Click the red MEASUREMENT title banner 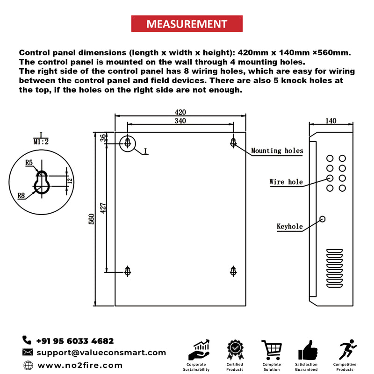(x=187, y=24)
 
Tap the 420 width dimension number (x=180, y=112)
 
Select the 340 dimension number (x=180, y=121)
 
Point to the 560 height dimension (x=92, y=218)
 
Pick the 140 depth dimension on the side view (x=330, y=121)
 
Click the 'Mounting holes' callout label (x=277, y=151)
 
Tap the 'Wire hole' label (x=286, y=182)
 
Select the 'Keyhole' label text (x=289, y=227)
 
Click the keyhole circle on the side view (x=322, y=219)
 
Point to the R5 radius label (x=29, y=163)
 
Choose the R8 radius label (x=21, y=196)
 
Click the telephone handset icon (x=27, y=341)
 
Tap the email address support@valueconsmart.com (x=101, y=352)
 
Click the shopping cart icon (x=271, y=350)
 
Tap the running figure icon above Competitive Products (x=346, y=350)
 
